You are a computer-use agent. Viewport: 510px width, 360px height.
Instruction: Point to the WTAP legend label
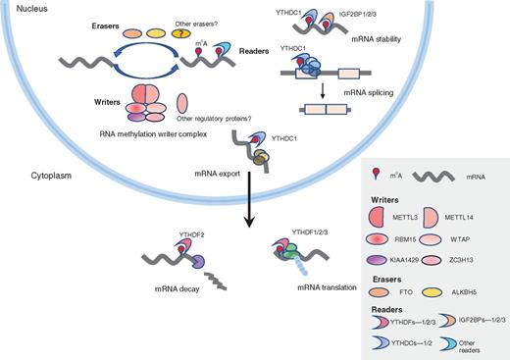pyautogui.click(x=462, y=235)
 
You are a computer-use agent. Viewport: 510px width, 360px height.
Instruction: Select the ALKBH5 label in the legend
pyautogui.click(x=464, y=291)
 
